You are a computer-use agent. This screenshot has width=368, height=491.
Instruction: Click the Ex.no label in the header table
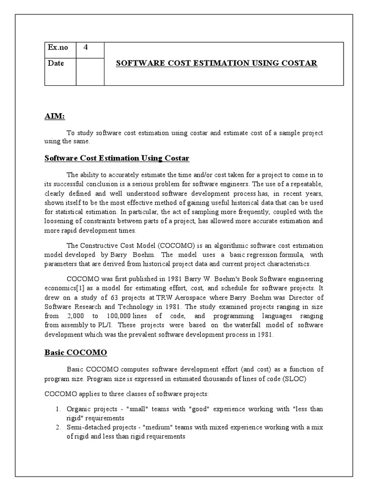[58, 48]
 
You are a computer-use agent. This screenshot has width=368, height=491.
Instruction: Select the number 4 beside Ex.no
[86, 47]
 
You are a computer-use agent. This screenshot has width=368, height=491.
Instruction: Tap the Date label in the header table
[56, 63]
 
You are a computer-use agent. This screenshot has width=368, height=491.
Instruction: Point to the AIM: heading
[54, 117]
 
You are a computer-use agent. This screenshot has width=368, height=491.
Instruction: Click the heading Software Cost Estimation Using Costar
[117, 158]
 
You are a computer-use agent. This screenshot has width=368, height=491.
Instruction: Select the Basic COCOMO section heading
[76, 352]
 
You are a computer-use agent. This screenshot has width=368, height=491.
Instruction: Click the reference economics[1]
[64, 288]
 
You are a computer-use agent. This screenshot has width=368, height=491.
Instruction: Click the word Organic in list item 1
[78, 409]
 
